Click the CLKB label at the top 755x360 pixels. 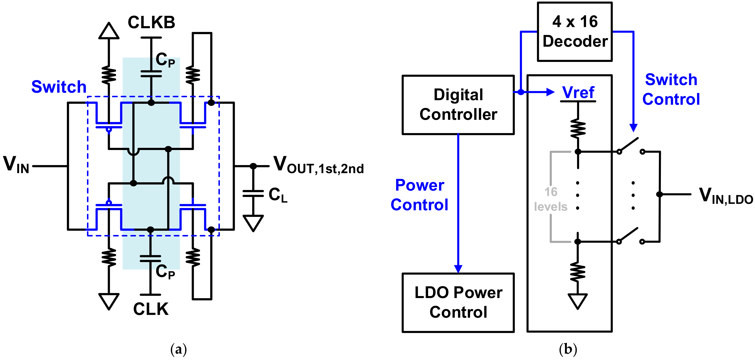coord(151,22)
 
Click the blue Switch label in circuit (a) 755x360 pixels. coord(59,87)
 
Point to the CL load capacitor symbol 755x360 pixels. coord(253,194)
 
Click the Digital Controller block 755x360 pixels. coord(458,105)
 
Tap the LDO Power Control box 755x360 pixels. coord(458,302)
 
